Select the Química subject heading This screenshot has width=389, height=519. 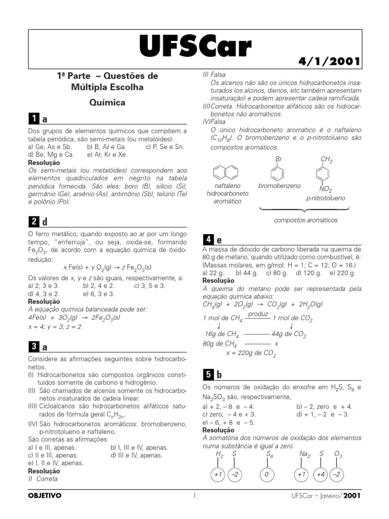click(x=107, y=102)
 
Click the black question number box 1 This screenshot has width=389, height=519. click(x=33, y=119)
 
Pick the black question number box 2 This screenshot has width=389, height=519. click(x=33, y=221)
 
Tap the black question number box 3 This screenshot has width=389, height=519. click(x=33, y=347)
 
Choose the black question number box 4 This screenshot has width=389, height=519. click(x=208, y=239)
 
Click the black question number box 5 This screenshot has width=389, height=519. click(x=208, y=375)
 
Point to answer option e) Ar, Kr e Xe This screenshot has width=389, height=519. click(x=107, y=155)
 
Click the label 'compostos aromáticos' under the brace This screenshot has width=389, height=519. click(x=305, y=220)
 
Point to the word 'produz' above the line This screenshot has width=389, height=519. click(x=257, y=314)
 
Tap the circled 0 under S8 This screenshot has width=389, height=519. click(x=268, y=475)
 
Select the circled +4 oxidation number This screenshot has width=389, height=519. click(x=320, y=475)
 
